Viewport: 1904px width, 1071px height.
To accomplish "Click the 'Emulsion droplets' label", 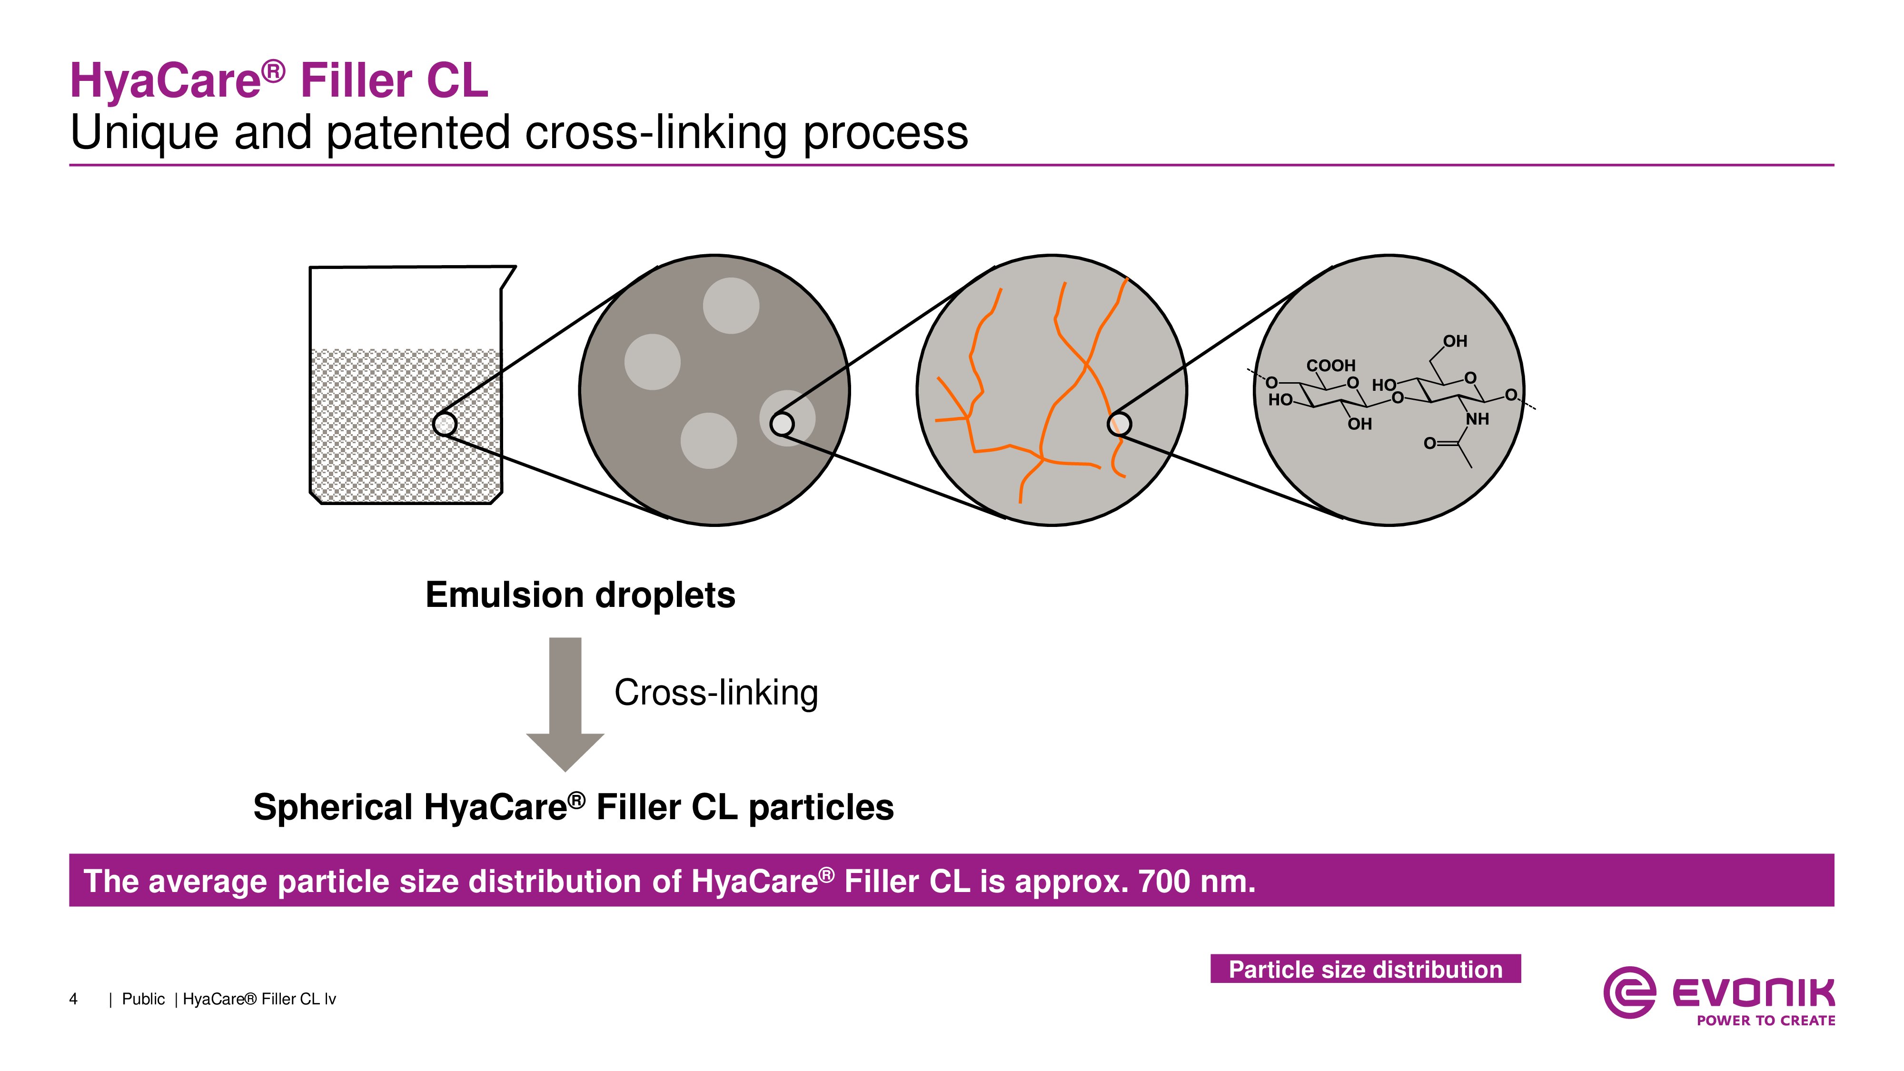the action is pos(580,595).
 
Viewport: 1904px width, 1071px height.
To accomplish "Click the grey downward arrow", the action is pos(565,704).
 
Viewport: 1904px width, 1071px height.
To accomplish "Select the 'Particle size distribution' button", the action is pos(1365,969).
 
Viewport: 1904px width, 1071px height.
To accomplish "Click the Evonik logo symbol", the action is pos(1629,992).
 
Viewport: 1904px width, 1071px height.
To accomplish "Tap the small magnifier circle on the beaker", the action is pos(444,424).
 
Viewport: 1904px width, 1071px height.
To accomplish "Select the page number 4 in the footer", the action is pos(73,999).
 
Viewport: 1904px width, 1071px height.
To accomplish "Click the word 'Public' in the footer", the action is pos(143,999).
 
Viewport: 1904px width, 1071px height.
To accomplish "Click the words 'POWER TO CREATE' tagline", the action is pos(1766,1021).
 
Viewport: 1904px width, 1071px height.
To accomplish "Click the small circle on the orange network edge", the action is pos(1119,424).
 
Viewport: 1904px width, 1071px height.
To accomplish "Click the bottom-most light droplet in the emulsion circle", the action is pos(709,440).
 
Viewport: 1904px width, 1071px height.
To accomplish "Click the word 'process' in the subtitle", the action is pos(885,133).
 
